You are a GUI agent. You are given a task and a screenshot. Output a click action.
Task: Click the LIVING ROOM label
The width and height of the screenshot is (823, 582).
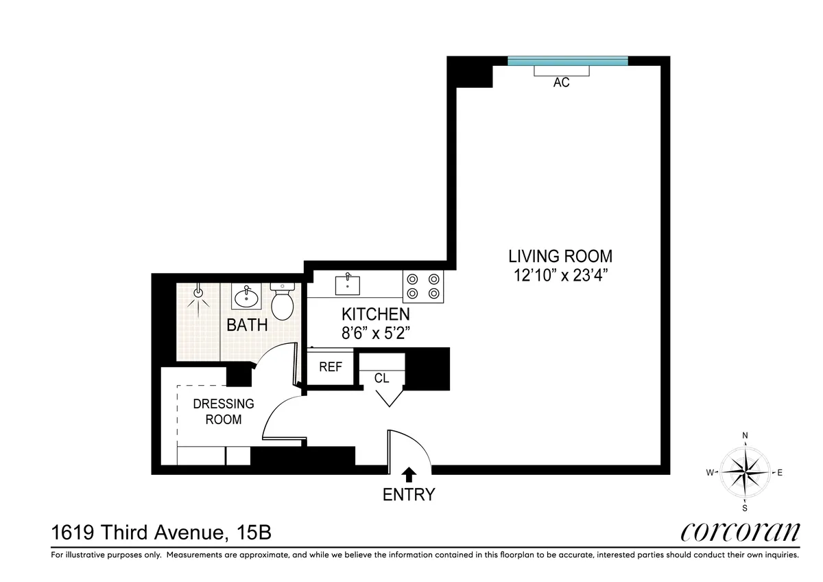point(560,257)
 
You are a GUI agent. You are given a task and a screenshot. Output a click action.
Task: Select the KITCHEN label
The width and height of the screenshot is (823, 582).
point(376,315)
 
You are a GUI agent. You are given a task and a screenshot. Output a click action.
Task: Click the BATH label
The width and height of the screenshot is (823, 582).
point(247,325)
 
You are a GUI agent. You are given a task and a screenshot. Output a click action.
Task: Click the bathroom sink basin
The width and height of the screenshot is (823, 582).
point(246,298)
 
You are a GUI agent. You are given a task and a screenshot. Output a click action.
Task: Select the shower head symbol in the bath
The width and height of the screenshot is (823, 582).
point(198,293)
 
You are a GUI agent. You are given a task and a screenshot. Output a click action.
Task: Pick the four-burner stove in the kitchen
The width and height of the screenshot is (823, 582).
point(423,286)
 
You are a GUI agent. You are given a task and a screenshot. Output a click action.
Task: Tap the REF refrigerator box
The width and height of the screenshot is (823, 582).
point(330,367)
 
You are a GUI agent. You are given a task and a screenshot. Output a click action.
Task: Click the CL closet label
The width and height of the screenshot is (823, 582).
point(381,378)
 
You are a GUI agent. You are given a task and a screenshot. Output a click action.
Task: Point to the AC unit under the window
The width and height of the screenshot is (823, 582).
point(562,71)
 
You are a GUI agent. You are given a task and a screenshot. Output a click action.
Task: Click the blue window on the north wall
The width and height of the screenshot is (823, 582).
point(567,61)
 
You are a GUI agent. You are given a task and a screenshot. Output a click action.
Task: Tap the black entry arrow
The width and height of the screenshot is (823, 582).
point(409,474)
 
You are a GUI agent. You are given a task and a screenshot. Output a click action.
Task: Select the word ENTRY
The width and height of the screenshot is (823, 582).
point(409,494)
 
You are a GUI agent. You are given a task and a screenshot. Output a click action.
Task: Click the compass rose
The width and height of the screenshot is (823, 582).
point(745,472)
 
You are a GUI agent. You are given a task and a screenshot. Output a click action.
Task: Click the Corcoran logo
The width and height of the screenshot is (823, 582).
point(740,532)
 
